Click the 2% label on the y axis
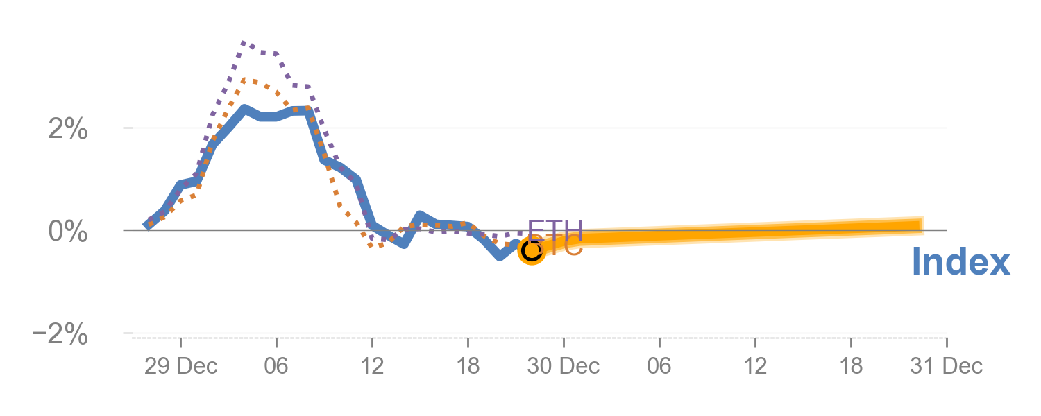(x=67, y=129)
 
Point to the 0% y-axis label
(x=67, y=232)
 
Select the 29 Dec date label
(x=180, y=366)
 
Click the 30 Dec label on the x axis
(x=563, y=366)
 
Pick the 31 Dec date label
(x=946, y=366)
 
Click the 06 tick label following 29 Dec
(x=276, y=366)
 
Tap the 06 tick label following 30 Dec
(x=659, y=366)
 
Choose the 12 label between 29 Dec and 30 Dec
(x=372, y=366)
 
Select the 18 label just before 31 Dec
(x=850, y=366)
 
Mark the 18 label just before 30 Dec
(x=468, y=366)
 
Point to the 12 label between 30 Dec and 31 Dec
(x=754, y=366)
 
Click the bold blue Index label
(x=960, y=263)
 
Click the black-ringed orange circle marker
(x=532, y=250)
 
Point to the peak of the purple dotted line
(x=244, y=43)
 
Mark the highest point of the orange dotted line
(x=244, y=80)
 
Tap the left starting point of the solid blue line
(x=147, y=225)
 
